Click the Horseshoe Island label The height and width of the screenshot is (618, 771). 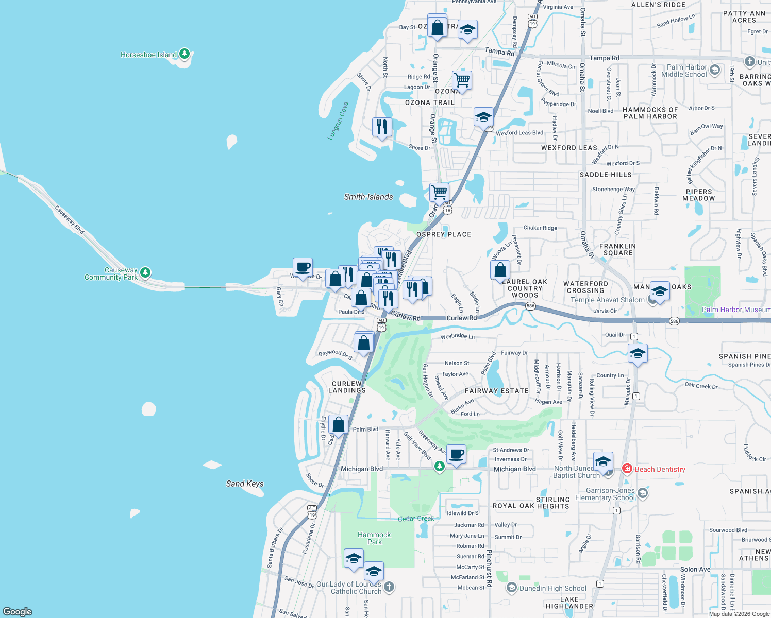[x=148, y=55]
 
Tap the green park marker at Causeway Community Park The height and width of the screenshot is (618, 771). [x=145, y=272]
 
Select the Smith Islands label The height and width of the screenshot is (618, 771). [x=368, y=197]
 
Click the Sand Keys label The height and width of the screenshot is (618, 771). [x=245, y=484]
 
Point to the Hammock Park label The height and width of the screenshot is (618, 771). [x=374, y=538]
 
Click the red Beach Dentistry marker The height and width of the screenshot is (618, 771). [x=627, y=469]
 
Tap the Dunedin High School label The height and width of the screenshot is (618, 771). [x=552, y=588]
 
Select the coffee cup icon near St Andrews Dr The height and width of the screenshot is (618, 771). [x=456, y=454]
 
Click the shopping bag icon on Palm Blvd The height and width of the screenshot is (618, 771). [x=338, y=425]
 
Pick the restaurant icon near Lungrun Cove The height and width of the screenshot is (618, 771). [x=382, y=127]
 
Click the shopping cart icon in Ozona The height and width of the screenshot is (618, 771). [x=462, y=80]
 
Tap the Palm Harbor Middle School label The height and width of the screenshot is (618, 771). [x=686, y=71]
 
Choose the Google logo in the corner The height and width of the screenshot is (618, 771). [x=18, y=611]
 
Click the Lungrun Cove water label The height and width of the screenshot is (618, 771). [x=339, y=121]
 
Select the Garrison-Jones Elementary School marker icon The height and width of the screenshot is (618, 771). [x=642, y=493]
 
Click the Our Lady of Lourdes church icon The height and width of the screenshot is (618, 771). [x=389, y=587]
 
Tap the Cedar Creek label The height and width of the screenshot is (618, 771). [x=416, y=519]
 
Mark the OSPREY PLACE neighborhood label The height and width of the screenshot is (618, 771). [x=444, y=234]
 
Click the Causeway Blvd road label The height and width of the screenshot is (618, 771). [x=69, y=220]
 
